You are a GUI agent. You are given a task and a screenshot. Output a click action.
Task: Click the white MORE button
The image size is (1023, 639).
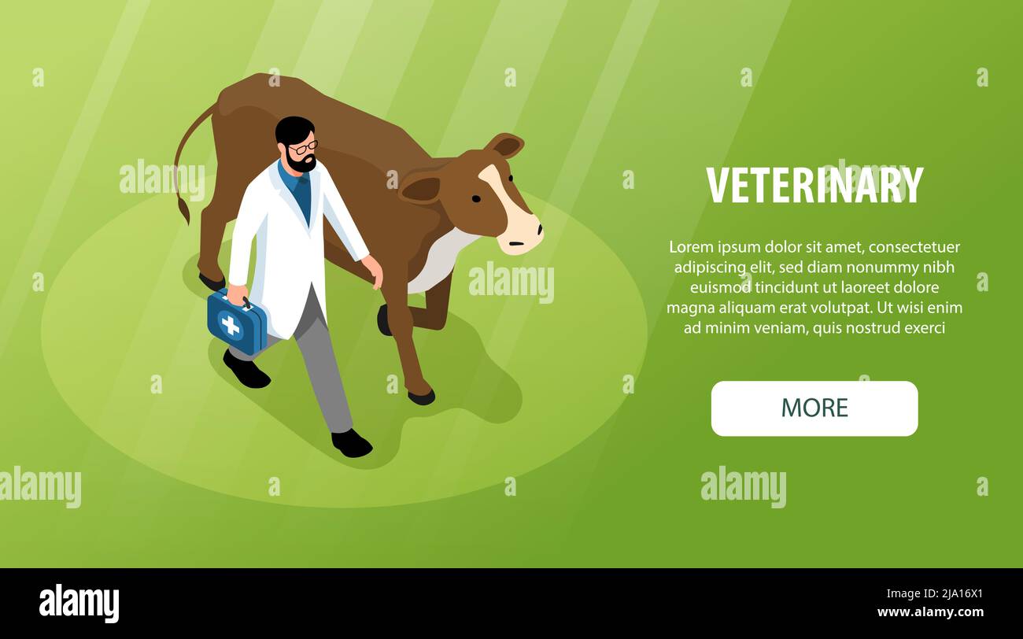(x=814, y=408)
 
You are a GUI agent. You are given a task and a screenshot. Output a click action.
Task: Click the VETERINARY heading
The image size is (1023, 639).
(x=814, y=186)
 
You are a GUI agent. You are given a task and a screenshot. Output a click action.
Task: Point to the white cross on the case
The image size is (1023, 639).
(x=230, y=325)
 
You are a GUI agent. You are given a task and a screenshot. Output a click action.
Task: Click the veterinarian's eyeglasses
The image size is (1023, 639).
(x=304, y=147)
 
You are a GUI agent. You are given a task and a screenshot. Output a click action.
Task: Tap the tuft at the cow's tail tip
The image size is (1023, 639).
(x=184, y=210)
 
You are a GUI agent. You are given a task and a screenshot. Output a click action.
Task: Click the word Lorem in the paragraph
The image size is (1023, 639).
(x=689, y=247)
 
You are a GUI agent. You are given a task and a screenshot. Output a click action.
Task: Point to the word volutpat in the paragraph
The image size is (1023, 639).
(x=838, y=308)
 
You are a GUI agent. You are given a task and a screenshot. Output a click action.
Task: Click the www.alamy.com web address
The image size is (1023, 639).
(x=930, y=612)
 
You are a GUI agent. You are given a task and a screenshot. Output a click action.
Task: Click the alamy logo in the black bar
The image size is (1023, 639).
(x=79, y=603)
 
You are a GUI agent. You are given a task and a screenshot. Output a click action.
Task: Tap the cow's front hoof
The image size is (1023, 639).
(x=421, y=397)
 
